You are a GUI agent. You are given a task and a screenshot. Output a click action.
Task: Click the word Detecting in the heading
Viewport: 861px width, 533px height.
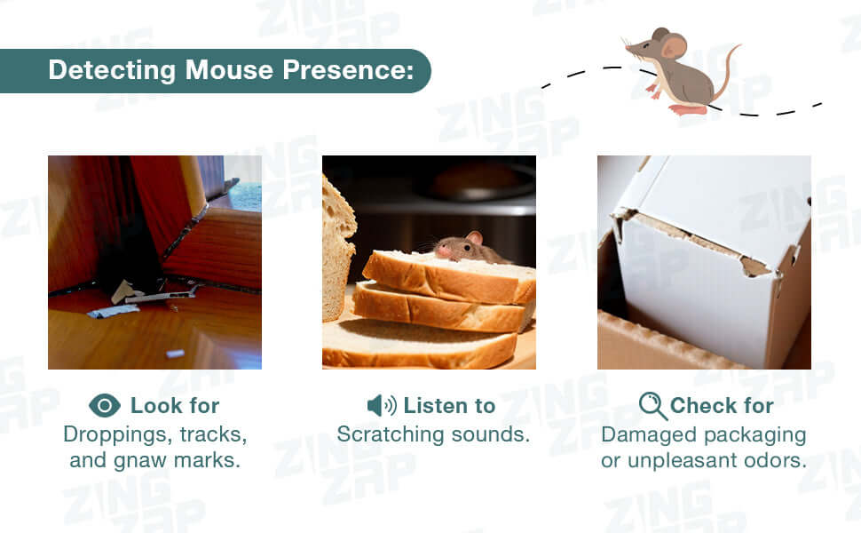point(112,71)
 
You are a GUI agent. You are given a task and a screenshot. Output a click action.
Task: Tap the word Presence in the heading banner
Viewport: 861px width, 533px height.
point(348,70)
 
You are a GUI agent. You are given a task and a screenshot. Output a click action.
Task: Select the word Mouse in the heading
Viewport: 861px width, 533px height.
point(229,70)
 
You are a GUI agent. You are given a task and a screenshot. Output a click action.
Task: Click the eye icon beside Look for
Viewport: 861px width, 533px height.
point(105,405)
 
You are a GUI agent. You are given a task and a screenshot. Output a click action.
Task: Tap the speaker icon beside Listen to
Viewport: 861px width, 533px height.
point(382,405)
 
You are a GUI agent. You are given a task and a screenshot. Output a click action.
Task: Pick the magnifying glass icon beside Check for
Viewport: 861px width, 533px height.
point(653,406)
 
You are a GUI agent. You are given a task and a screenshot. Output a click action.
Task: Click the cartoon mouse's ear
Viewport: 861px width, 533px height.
point(674,46)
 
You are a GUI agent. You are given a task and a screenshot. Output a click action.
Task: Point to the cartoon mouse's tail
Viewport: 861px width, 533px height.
point(726,71)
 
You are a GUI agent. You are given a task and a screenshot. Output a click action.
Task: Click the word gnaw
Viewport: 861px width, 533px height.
point(140,461)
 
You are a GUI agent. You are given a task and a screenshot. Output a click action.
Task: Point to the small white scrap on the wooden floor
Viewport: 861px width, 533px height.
point(175,354)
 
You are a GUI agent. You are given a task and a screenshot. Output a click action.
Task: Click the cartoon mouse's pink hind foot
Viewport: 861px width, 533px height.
point(687,110)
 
